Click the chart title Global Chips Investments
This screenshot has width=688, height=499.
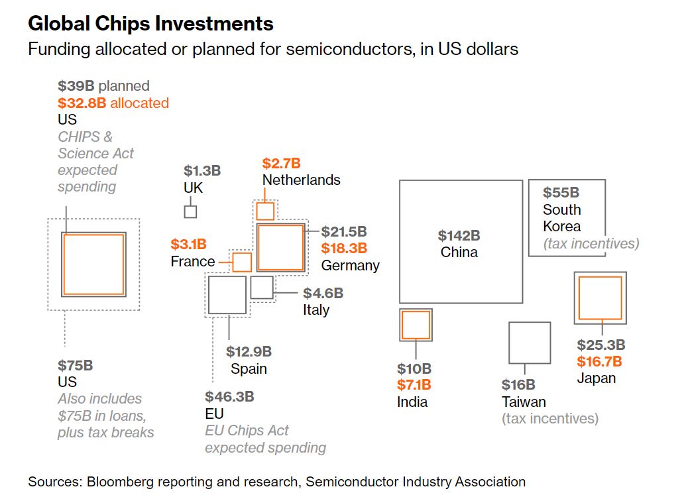coord(150,24)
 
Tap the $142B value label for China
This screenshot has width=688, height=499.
coord(459,235)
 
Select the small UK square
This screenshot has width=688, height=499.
coord(190,212)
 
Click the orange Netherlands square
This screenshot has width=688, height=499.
coord(265,211)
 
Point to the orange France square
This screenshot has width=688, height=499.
coord(242,262)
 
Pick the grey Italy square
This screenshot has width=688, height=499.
coord(262,288)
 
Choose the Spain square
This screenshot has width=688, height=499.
coord(227,295)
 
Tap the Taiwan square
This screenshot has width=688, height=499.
coord(530,343)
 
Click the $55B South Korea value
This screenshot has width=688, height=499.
coord(561,193)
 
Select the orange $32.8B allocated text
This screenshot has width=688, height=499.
coord(113,103)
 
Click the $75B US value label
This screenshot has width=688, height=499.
coord(75,365)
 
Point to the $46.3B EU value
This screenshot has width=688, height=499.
coord(229,397)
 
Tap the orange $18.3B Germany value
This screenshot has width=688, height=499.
coord(344,249)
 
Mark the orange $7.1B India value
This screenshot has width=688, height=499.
coord(414,385)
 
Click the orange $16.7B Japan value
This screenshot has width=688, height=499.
coord(599,361)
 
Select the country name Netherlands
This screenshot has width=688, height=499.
coord(301,180)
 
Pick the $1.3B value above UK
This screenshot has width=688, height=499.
coord(202,171)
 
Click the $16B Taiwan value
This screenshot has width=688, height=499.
coord(518,385)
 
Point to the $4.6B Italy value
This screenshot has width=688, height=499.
coord(323,293)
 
